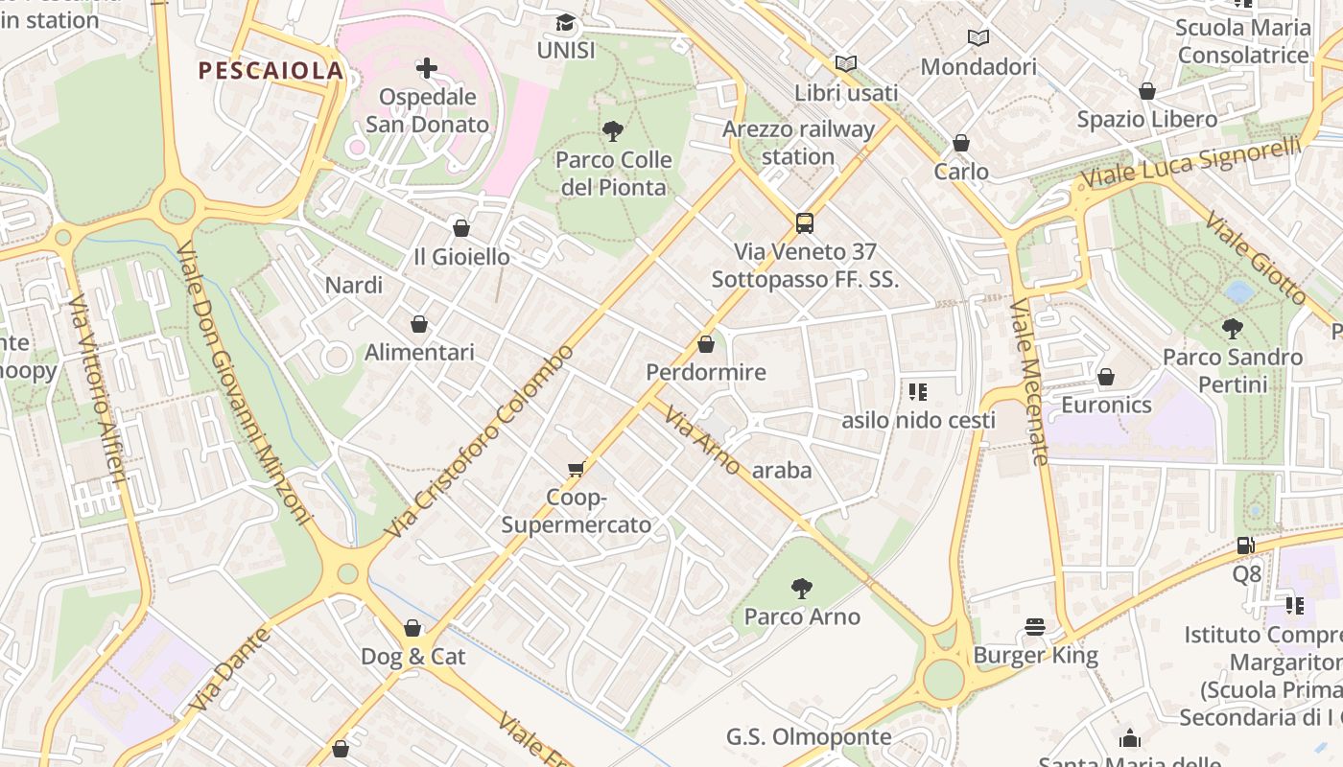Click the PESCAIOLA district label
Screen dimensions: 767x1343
pos(271,70)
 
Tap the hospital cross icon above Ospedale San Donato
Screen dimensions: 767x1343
pos(427,68)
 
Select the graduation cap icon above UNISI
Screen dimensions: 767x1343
pos(566,22)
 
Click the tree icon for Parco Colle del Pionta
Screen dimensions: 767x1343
pos(613,131)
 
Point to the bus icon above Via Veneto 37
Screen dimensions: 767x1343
pos(805,223)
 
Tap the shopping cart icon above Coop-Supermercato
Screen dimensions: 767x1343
pos(576,469)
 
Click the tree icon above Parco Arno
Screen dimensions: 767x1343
pos(802,588)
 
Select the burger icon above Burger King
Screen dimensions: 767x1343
pos(1034,627)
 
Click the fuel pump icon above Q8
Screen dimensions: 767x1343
pos(1245,546)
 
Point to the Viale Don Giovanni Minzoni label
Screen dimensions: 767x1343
pos(245,383)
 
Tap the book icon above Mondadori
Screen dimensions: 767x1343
pos(978,37)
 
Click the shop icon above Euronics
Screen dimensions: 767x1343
pos(1106,377)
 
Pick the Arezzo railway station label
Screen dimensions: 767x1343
pos(798,143)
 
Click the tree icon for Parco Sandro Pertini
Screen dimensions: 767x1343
pos(1233,329)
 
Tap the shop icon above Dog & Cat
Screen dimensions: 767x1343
pos(412,628)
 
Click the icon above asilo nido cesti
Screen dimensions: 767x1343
pos(918,391)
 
